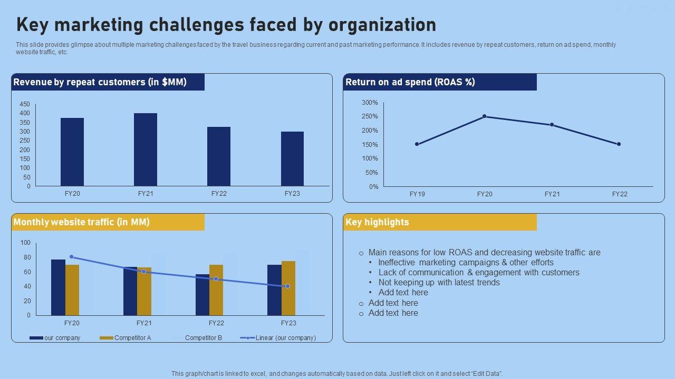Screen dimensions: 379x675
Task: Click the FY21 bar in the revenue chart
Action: coord(146,149)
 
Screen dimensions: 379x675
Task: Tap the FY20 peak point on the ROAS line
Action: coord(484,116)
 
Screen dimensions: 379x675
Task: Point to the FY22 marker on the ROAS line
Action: coord(619,144)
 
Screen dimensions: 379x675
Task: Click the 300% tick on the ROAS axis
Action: coord(370,103)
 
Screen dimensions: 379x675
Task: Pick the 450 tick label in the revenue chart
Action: coord(25,104)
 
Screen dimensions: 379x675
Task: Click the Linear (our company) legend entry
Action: coord(285,338)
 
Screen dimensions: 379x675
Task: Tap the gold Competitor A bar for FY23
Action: coord(288,288)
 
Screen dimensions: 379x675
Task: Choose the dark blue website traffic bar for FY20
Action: coord(58,287)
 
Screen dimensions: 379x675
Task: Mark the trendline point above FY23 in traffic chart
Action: coord(287,286)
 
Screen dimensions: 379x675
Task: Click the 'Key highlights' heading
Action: coord(377,222)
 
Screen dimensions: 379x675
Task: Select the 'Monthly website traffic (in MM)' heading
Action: coord(82,222)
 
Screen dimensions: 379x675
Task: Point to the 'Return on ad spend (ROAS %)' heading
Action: coord(410,82)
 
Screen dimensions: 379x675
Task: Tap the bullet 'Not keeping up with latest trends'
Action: coord(439,283)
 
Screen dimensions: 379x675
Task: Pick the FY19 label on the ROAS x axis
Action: coord(417,194)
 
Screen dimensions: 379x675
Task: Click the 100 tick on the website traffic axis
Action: coord(25,243)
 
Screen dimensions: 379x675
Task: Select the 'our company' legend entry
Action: coord(62,338)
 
